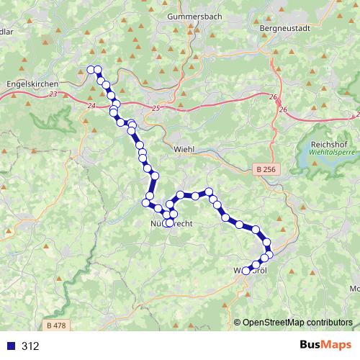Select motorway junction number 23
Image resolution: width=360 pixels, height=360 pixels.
(54, 94)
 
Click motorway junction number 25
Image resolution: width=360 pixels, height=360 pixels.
(158, 108)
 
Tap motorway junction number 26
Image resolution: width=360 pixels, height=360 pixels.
(283, 109)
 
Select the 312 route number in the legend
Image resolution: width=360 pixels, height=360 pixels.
(30, 346)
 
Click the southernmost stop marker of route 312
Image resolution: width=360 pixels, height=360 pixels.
(246, 271)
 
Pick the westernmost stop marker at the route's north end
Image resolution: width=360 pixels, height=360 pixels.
(91, 69)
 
